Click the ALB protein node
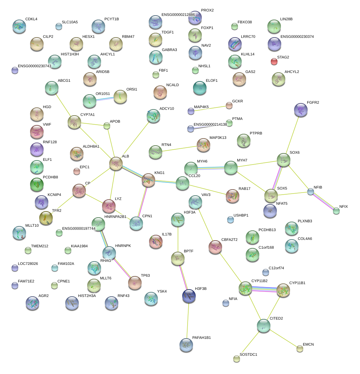click(x=116, y=164)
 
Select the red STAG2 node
click(x=274, y=61)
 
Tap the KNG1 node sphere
click(x=148, y=180)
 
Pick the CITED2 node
click(x=264, y=325)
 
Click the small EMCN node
click(x=300, y=349)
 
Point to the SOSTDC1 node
click(x=237, y=358)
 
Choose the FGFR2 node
click(x=301, y=109)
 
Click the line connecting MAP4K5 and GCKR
click(x=210, y=108)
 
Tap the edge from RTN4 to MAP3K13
click(x=179, y=149)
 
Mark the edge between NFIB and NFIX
click(x=323, y=201)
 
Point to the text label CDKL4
click(x=31, y=19)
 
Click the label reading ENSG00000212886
click(x=178, y=15)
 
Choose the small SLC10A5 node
click(x=59, y=26)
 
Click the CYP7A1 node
click(x=74, y=122)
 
